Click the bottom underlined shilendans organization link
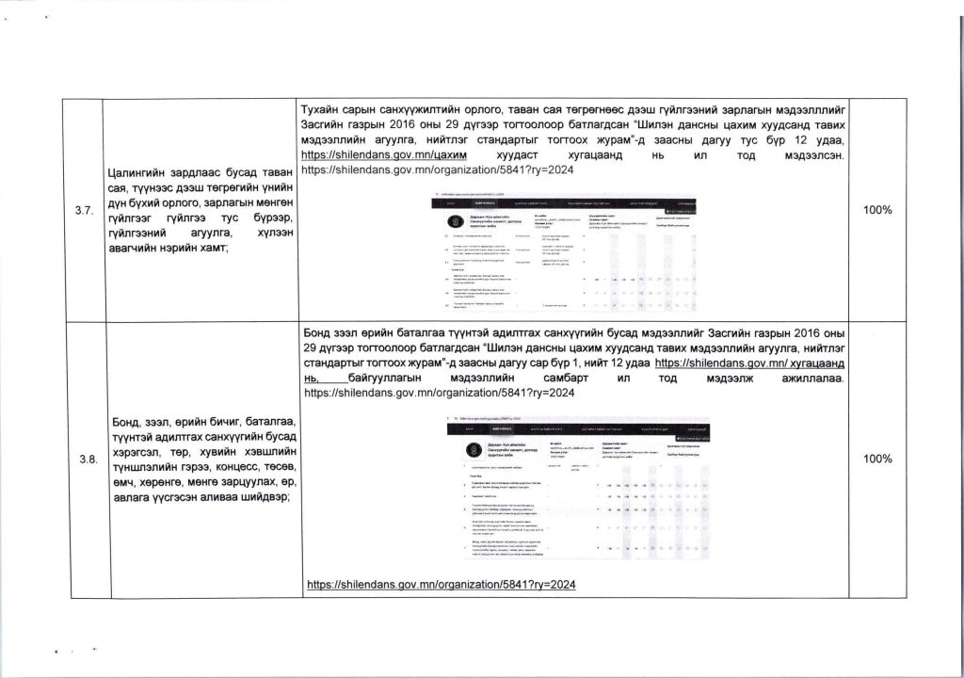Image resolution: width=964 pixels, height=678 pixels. (442, 585)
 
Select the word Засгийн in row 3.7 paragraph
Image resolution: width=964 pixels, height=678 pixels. (325, 124)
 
